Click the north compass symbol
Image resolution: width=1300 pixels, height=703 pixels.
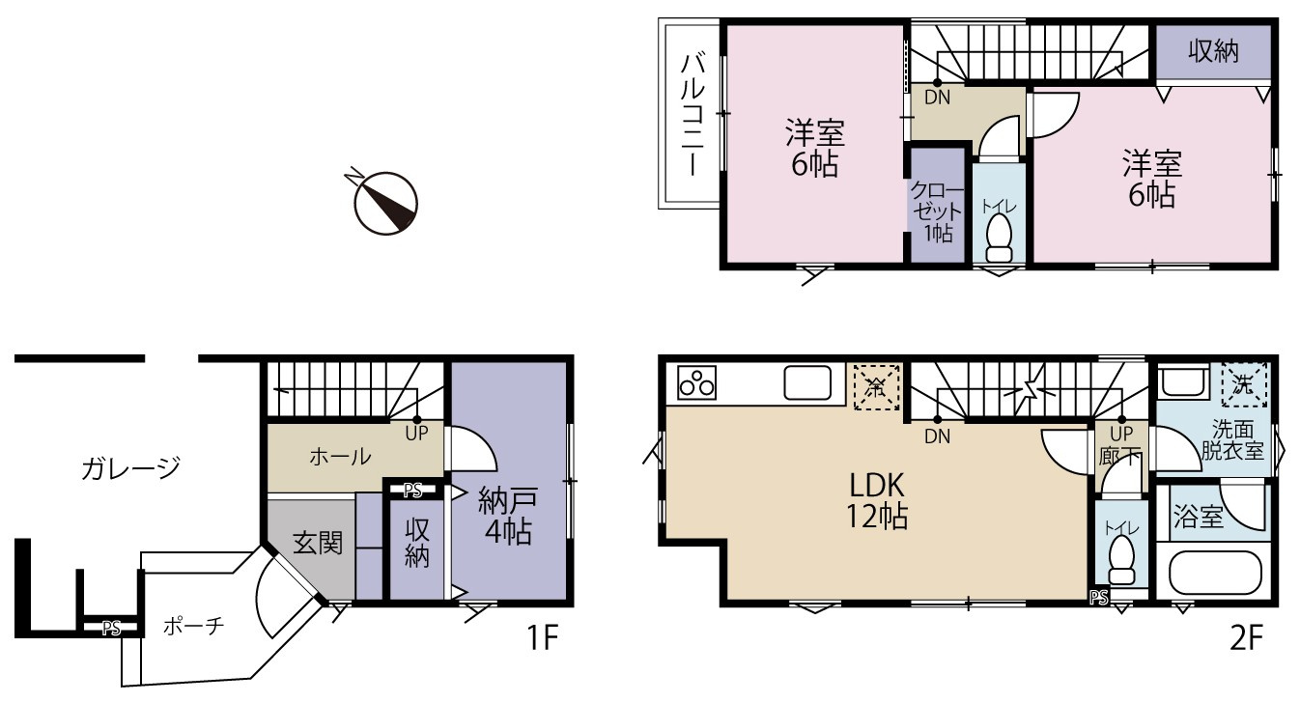click(384, 202)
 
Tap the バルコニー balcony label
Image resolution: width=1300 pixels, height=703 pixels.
click(692, 114)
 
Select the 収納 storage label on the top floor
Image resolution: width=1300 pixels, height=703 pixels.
click(1213, 51)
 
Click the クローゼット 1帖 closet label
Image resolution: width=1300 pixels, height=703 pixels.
click(937, 211)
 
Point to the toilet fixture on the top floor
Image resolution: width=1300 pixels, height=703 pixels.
click(1000, 239)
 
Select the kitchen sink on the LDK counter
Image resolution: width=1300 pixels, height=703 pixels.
click(807, 382)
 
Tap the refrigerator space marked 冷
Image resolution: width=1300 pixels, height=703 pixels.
click(876, 387)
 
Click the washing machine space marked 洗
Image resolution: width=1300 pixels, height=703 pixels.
click(1244, 384)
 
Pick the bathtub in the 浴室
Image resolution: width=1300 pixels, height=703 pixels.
click(1214, 573)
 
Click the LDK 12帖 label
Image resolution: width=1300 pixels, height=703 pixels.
click(877, 500)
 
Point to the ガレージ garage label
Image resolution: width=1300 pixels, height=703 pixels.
click(131, 467)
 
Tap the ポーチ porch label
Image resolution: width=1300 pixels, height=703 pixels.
click(193, 626)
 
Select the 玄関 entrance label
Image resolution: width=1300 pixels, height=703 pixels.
click(318, 543)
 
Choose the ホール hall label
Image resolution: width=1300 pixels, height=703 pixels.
click(340, 457)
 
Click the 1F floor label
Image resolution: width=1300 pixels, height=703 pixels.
click(542, 638)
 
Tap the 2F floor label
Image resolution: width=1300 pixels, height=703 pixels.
click(1246, 638)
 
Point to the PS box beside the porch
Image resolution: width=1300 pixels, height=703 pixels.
click(111, 628)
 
